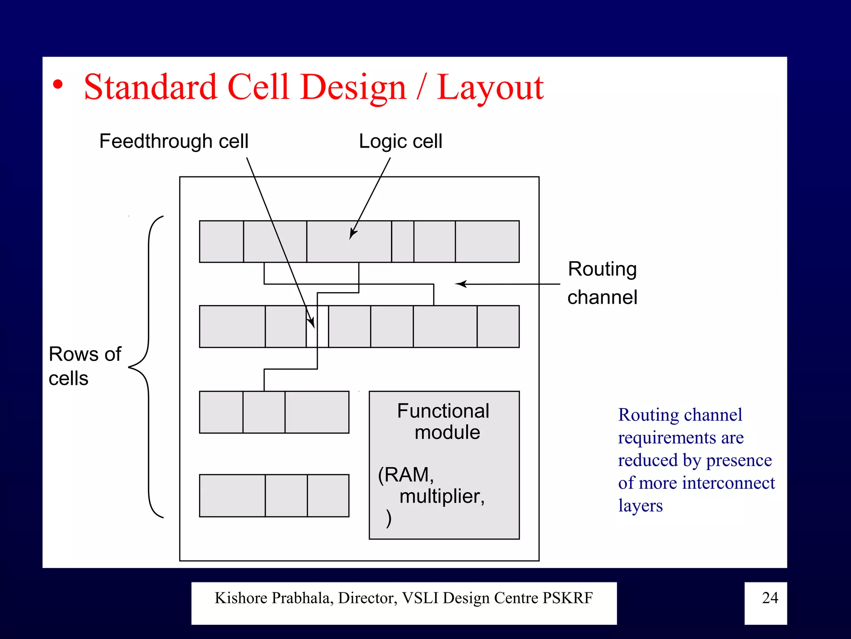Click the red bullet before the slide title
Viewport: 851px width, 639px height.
pos(58,85)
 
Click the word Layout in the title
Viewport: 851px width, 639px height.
pos(490,88)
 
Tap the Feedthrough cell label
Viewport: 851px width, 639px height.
pos(174,141)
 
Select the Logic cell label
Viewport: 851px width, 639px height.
pos(401,141)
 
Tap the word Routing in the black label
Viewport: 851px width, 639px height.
pos(602,269)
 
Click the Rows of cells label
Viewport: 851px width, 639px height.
pos(85,366)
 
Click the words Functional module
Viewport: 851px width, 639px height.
pos(444,421)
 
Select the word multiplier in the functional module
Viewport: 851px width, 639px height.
pos(442,496)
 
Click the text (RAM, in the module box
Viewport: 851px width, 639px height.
pos(406,475)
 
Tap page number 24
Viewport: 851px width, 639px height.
pos(770,598)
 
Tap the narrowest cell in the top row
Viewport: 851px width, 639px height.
pos(403,241)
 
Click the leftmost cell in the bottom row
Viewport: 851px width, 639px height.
pos(232,495)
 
